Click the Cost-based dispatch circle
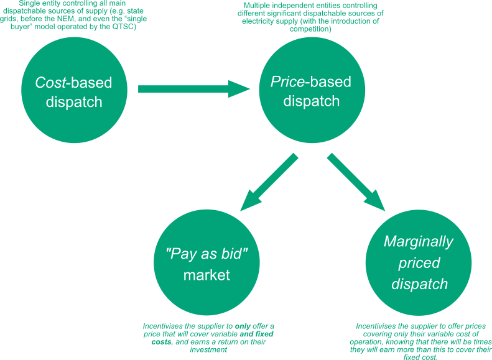click(x=74, y=91)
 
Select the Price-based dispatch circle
click(x=311, y=91)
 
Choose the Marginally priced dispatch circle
click(x=419, y=264)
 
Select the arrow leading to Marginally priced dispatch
click(x=356, y=182)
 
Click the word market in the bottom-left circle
click(x=207, y=275)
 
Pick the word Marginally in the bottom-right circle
click(x=419, y=241)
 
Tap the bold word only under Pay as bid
click(x=243, y=326)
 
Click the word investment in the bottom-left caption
click(x=207, y=350)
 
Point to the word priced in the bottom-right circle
click(x=419, y=262)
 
